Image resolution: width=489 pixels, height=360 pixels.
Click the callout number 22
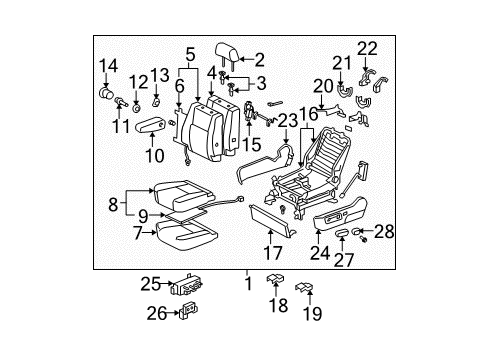(366, 47)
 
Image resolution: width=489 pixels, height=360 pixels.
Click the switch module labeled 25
(186, 288)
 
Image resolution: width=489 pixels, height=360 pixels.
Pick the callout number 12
(138, 81)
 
